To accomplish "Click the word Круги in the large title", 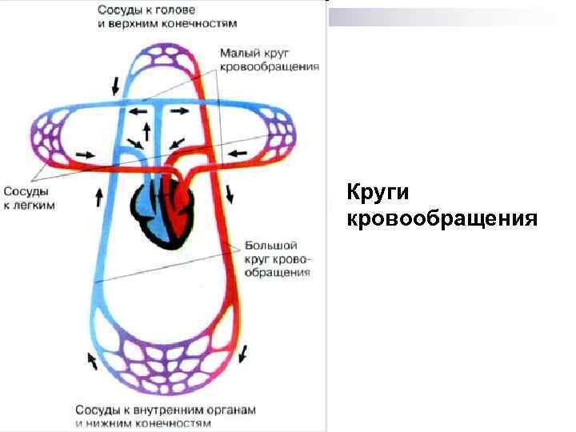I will pos(378,194).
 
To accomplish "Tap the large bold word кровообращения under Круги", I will pos(442,218).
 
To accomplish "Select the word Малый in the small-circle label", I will pos(239,53).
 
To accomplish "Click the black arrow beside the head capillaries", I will pos(118,83).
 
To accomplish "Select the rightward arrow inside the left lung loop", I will pos(83,152).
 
